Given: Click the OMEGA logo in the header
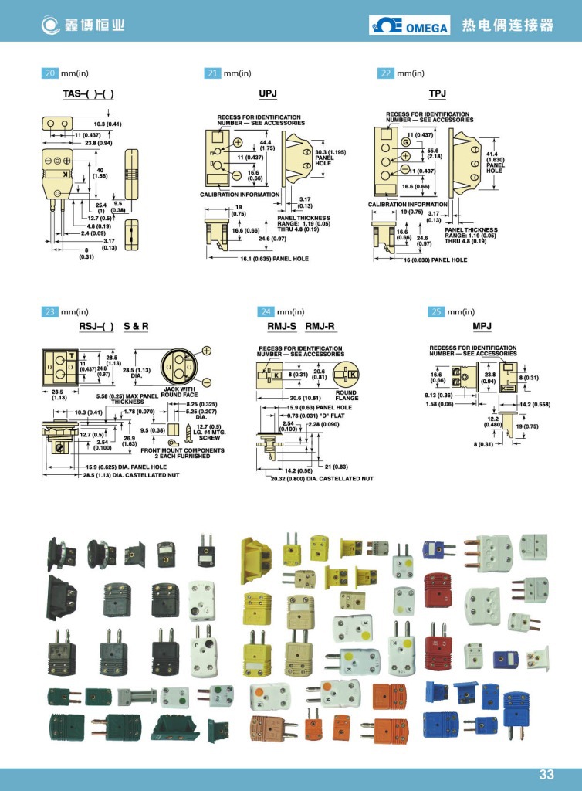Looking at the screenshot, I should point(410,25).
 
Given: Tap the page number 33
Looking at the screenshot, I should point(546,775).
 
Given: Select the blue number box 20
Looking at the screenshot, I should point(50,73).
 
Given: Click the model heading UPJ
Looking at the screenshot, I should point(268,93).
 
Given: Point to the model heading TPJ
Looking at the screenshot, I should point(438,93).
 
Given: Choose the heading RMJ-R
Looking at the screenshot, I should point(320,327).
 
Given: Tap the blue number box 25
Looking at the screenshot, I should point(436,311).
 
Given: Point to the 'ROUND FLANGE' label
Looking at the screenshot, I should point(347,395).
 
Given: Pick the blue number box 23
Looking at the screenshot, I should point(50,311).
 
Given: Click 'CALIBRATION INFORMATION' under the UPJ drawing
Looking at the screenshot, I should point(242,195).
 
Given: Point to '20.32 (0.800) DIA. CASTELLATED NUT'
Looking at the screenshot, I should point(320,479).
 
